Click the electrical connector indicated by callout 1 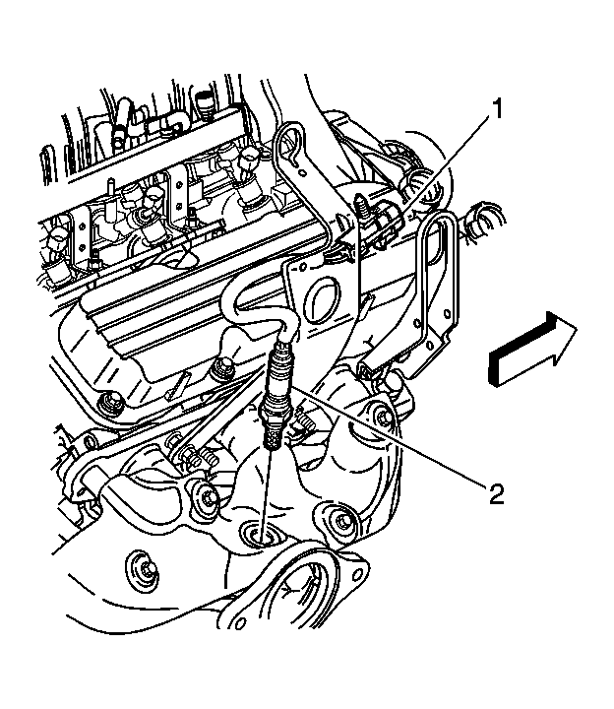coord(387,221)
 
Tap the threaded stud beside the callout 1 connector coord(362,210)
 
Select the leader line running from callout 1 coord(443,167)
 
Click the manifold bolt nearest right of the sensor coord(341,521)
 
